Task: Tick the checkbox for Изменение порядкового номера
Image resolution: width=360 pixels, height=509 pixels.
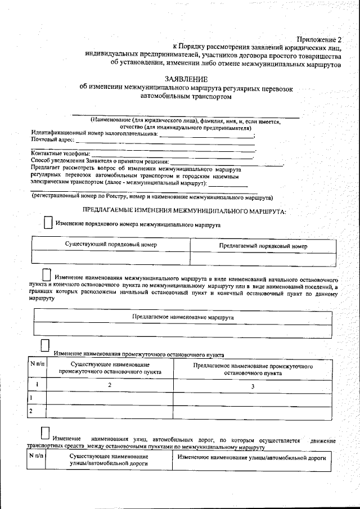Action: point(49,223)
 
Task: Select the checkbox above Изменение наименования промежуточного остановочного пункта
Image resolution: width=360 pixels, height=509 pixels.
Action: point(45,344)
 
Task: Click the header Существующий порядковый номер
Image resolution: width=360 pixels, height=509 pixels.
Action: point(111,245)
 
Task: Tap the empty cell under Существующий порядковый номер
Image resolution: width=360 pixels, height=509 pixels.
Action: point(111,257)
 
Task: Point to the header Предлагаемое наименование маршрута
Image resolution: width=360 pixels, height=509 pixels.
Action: point(182,317)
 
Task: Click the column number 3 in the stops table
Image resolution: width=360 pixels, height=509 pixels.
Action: point(253,386)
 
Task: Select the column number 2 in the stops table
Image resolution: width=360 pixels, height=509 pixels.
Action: point(110,385)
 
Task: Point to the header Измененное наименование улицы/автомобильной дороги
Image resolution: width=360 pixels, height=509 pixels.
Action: point(251,458)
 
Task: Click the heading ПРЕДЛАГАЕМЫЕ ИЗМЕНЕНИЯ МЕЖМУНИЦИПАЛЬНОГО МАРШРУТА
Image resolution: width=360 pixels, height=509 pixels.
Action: point(184,211)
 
